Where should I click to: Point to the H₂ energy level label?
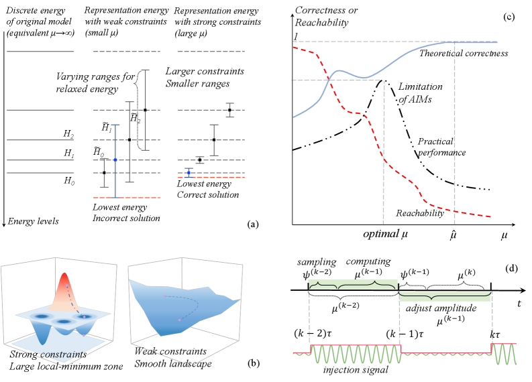click(x=68, y=134)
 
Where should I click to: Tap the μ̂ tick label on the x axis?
click(x=455, y=235)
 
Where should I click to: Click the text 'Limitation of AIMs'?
click(x=422, y=93)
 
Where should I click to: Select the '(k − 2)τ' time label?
click(x=315, y=332)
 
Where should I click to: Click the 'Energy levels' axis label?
click(x=39, y=221)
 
